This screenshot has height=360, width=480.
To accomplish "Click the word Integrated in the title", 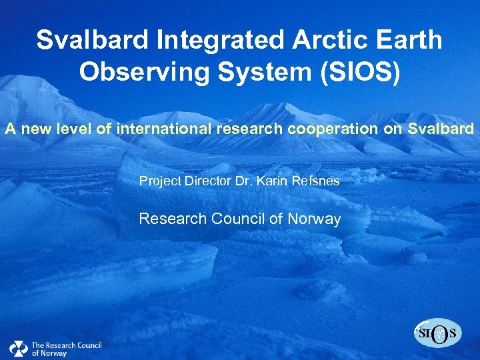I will [213, 40].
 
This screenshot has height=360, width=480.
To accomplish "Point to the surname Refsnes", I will [316, 180].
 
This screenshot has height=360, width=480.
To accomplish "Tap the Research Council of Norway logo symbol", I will [18, 348].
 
